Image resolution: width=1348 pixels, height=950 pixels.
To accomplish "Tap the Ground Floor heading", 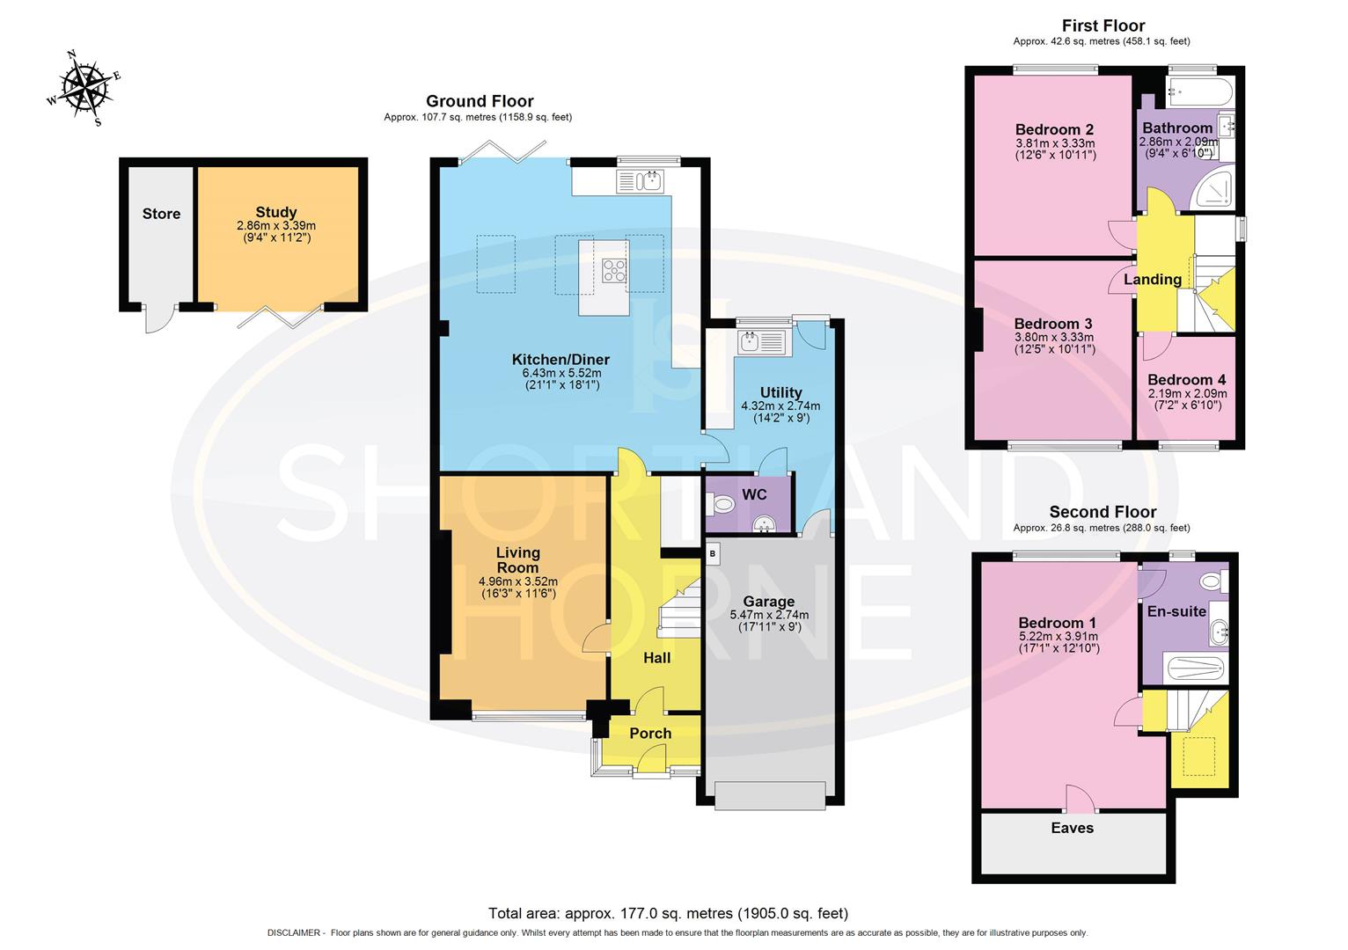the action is coord(480,101).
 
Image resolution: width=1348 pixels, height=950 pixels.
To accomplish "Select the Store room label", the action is coord(161,214).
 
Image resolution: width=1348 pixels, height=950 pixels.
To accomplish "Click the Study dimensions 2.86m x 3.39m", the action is coord(276,225).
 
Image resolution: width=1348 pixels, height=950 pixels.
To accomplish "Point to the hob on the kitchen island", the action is coord(614,271).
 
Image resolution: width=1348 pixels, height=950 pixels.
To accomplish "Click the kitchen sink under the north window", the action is coord(640,181).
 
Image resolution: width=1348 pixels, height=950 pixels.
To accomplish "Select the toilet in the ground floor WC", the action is coord(720,504).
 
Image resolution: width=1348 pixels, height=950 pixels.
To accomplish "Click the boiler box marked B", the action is coord(713,553).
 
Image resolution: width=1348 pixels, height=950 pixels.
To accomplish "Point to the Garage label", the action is coord(768,601).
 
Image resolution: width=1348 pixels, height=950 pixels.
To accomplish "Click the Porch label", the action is coord(650,734).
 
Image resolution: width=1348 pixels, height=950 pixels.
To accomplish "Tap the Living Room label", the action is coord(517,560).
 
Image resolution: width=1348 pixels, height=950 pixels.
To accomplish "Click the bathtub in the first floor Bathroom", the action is coord(1199,92).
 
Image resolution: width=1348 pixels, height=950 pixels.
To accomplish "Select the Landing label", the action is coord(1153,279).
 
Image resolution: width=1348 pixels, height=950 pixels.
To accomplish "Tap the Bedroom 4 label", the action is coord(1186,380).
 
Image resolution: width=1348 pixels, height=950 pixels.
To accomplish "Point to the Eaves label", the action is coord(1072,828).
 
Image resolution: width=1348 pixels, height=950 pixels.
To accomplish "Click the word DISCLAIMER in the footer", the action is coord(293,932).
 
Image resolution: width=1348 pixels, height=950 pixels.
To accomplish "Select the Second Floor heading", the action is coord(1103,512).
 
